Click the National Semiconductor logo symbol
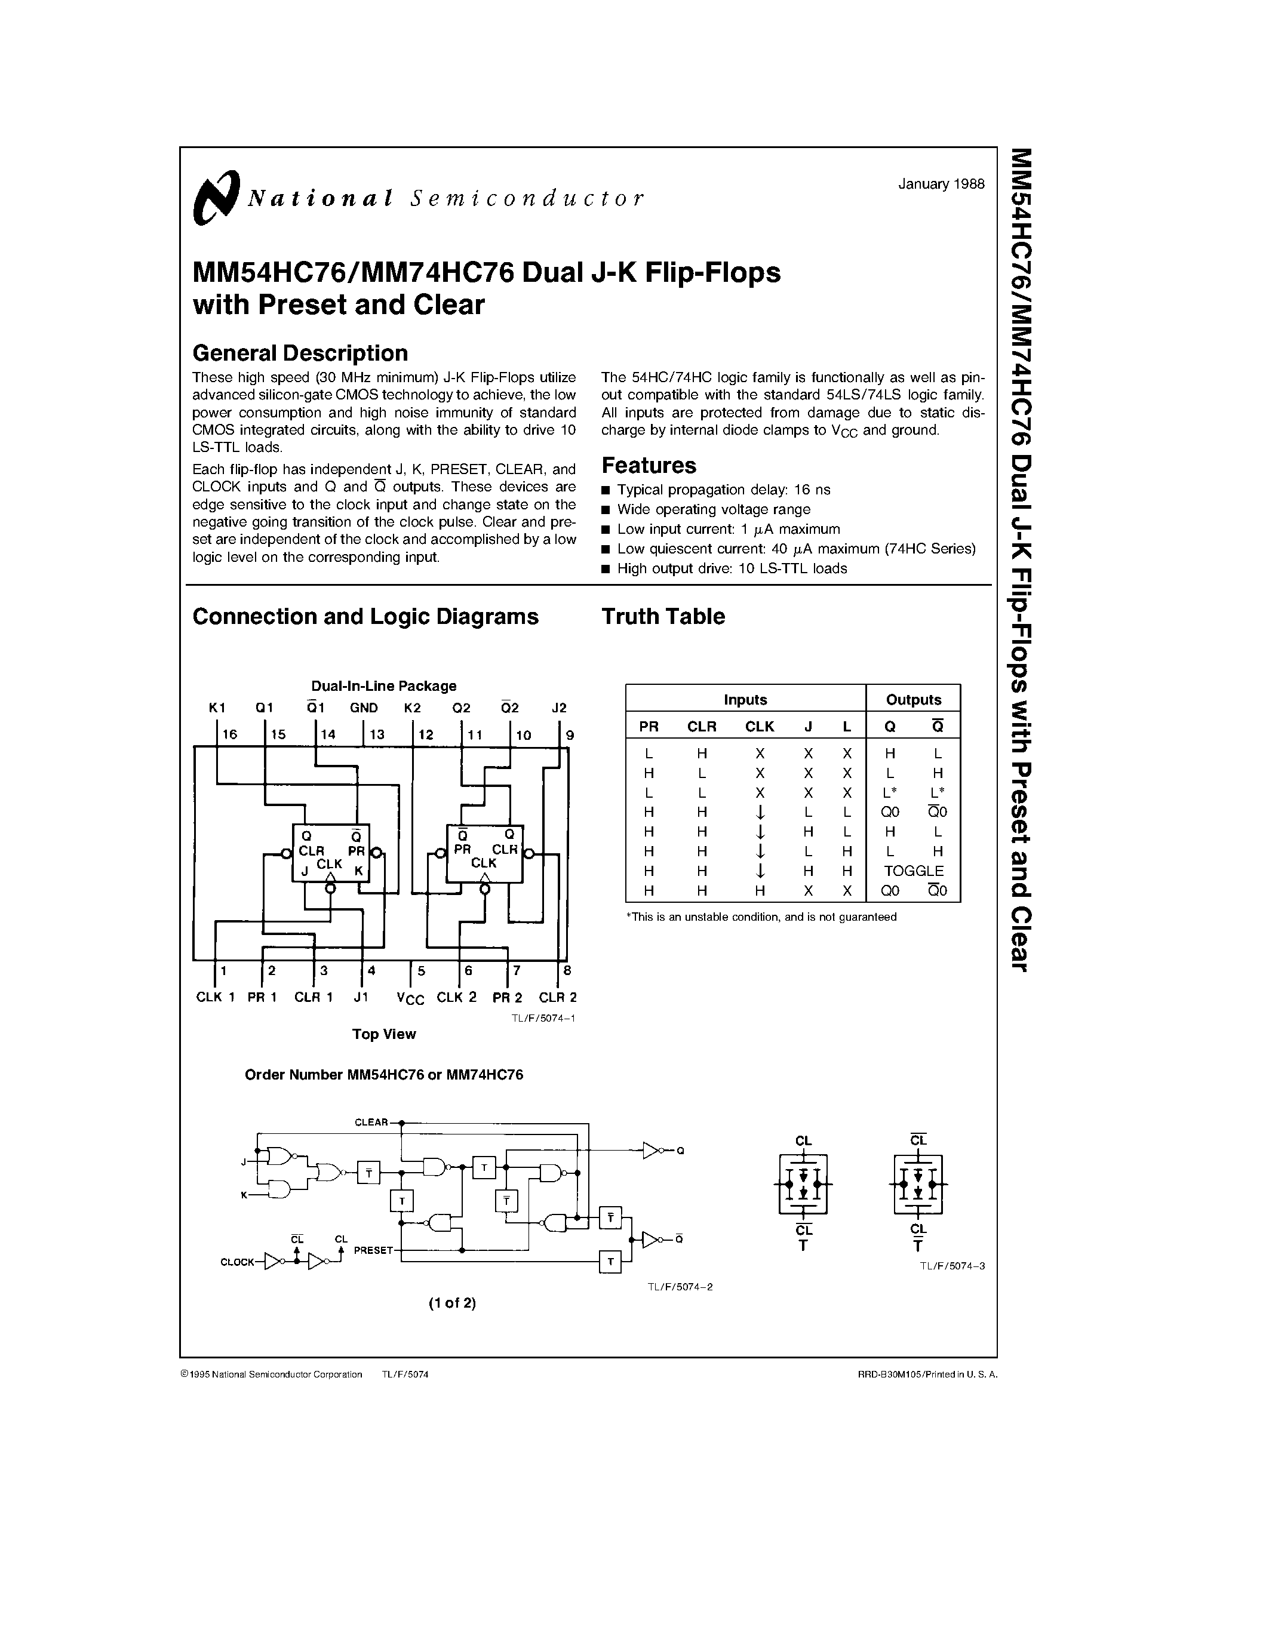(216, 197)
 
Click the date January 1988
(941, 184)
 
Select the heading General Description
(300, 353)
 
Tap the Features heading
(649, 465)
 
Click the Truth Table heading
(663, 617)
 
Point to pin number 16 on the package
(229, 734)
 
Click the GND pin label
(364, 708)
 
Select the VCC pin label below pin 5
(410, 998)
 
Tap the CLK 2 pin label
(456, 997)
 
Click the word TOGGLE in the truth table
(914, 871)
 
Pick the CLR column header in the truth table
(702, 726)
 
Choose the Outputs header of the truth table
(914, 700)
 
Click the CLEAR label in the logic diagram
(371, 1123)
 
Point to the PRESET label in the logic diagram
(373, 1250)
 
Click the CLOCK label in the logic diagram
(237, 1262)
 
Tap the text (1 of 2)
(453, 1303)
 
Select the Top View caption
(383, 1034)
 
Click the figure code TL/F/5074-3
(952, 1265)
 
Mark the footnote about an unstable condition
(761, 917)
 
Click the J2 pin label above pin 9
(558, 708)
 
